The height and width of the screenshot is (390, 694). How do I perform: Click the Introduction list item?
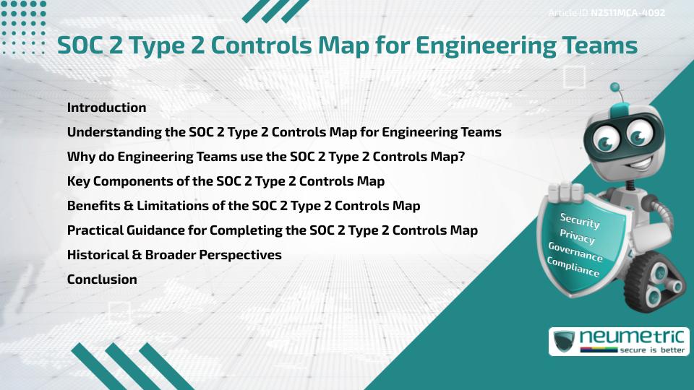coord(106,108)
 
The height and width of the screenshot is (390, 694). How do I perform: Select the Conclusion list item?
coord(102,279)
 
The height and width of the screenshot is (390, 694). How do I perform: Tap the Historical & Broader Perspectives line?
coord(174,255)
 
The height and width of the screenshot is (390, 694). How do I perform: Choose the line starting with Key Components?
coord(226,181)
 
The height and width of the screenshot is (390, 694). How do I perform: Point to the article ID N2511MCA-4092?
coord(627,12)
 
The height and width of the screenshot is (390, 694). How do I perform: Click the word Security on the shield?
coord(580,220)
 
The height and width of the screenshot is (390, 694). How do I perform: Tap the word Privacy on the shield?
coord(577,236)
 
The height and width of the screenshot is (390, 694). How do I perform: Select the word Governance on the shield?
coord(575,251)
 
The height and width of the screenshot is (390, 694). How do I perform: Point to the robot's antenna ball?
coord(615,88)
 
